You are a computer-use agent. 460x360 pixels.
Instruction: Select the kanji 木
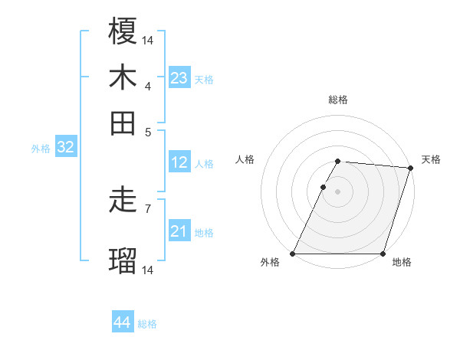(x=123, y=77)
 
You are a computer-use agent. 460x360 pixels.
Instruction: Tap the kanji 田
(x=123, y=123)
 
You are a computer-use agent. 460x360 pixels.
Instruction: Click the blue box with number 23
(x=179, y=77)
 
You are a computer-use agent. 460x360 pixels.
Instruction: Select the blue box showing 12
(x=179, y=162)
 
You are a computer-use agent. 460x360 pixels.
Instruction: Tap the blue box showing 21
(x=179, y=231)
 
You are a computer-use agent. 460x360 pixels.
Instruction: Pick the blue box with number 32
(x=65, y=148)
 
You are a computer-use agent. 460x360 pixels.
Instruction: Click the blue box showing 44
(x=123, y=322)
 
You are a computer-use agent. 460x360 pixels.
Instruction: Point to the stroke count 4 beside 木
(x=147, y=86)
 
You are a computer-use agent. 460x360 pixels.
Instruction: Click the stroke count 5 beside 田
(x=147, y=131)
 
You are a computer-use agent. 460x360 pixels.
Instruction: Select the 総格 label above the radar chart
(x=338, y=100)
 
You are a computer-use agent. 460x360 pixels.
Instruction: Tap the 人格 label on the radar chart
(x=245, y=159)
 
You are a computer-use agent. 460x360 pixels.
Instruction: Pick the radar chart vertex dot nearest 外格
(x=293, y=254)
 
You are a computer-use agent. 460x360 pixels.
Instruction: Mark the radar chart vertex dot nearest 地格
(x=383, y=254)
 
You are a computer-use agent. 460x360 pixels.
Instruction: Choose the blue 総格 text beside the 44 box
(x=147, y=324)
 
